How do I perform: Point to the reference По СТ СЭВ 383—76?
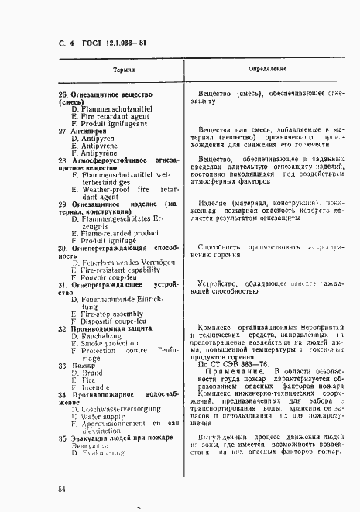(237, 364)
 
